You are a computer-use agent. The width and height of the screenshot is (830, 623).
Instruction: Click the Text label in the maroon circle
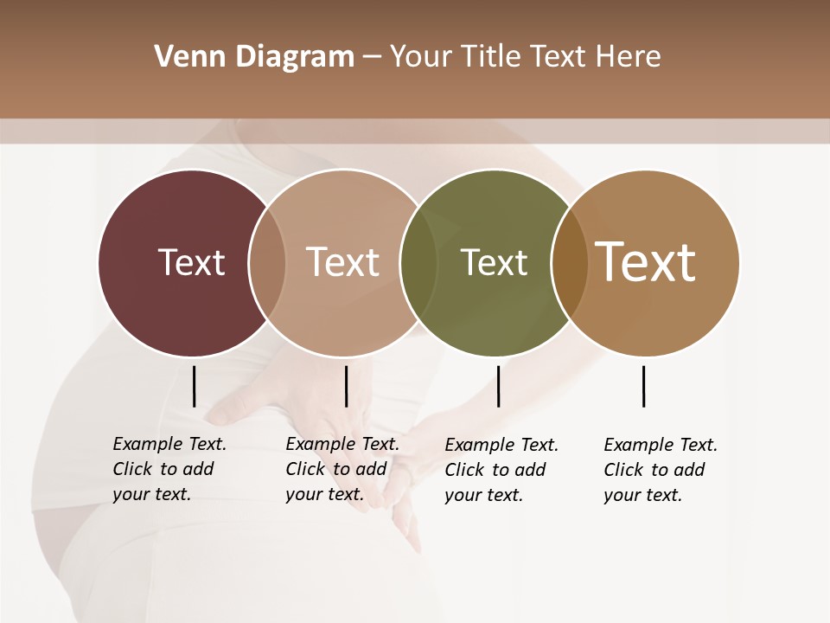[x=191, y=262]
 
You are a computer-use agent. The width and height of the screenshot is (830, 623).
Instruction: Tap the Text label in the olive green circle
[x=494, y=262]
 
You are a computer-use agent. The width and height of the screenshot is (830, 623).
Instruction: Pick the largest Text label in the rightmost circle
[x=646, y=262]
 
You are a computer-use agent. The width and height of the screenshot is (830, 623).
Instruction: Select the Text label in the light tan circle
[x=342, y=262]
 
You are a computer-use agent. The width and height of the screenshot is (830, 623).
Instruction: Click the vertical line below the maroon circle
[x=194, y=386]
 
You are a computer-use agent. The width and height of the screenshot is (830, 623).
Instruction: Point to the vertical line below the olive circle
[x=498, y=386]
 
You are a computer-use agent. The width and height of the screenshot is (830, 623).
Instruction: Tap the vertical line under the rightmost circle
[x=643, y=386]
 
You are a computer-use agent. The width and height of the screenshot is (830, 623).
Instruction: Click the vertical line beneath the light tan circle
[x=346, y=386]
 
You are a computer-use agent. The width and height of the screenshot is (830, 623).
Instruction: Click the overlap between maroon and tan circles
[x=267, y=262]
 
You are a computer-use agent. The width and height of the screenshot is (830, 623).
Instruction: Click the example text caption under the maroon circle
[x=169, y=469]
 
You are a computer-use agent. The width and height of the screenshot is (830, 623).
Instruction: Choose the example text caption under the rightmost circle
[x=660, y=470]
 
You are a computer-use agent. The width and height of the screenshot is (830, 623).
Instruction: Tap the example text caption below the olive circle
[x=501, y=470]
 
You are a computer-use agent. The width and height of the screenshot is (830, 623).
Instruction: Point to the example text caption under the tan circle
[x=342, y=469]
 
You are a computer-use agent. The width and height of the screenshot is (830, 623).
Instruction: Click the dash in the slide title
[x=372, y=57]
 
